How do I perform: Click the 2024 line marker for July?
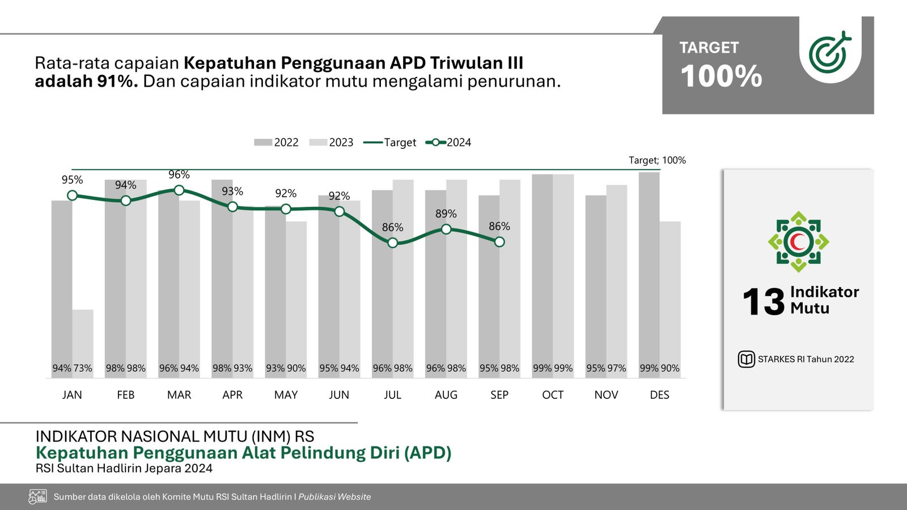(x=393, y=243)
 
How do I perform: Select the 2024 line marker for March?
(x=179, y=190)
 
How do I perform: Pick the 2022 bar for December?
(x=649, y=272)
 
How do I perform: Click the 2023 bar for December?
(x=670, y=295)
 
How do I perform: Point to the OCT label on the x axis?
(x=553, y=395)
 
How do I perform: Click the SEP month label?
(x=499, y=395)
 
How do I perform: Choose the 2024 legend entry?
(x=448, y=143)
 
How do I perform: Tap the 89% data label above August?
(x=446, y=214)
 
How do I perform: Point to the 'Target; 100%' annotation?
(x=657, y=160)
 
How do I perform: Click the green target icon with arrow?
(x=830, y=52)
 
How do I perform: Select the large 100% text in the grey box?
(x=722, y=76)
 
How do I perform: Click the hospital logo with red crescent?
(x=798, y=242)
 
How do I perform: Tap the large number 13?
(x=763, y=301)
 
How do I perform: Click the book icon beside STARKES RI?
(x=746, y=359)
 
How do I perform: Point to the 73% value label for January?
(x=83, y=368)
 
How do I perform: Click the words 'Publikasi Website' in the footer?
(x=334, y=497)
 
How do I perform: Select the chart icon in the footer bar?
(x=38, y=497)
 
